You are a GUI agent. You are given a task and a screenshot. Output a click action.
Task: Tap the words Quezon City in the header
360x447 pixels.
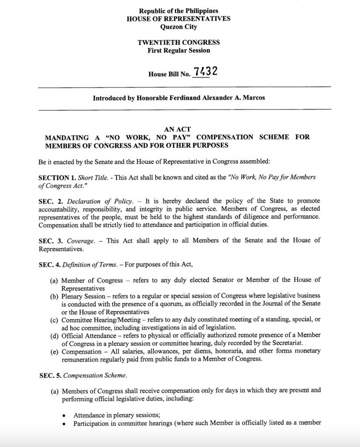(x=178, y=27)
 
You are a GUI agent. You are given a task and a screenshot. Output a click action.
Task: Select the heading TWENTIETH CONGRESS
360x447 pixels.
(x=178, y=43)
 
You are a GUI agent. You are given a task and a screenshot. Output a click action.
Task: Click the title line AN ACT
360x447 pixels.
(x=178, y=130)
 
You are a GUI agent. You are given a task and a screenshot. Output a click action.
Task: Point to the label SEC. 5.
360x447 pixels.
(x=48, y=374)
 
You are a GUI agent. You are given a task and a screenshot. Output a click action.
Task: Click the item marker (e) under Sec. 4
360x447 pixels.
(x=55, y=351)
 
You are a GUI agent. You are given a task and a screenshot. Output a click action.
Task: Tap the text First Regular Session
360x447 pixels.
(x=178, y=50)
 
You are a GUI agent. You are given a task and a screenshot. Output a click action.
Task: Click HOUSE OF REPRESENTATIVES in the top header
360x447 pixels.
(x=178, y=19)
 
